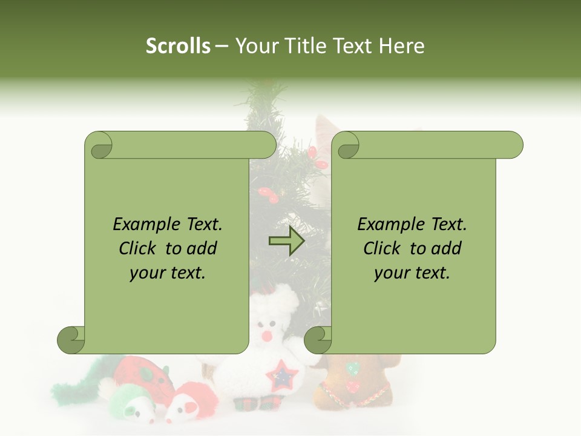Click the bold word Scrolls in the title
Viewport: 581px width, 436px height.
(178, 45)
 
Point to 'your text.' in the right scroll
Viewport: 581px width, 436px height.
(412, 272)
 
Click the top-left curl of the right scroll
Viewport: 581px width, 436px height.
(347, 146)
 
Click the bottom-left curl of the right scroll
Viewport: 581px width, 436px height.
(318, 340)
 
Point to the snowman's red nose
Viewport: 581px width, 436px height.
(266, 335)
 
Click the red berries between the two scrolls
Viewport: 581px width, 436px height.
(268, 194)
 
